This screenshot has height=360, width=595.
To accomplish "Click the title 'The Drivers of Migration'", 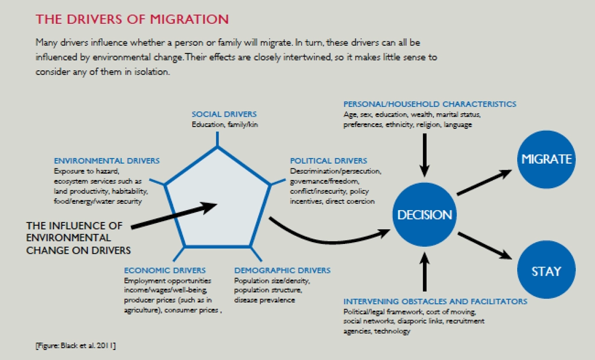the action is pos(132,19).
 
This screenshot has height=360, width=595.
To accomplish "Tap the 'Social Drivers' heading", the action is pos(224,114).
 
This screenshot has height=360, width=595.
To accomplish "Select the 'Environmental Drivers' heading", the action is pos(107,161).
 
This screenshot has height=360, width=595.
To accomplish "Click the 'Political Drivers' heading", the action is pos(329,161).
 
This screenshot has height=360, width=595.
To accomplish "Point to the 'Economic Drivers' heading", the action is pos(164,271).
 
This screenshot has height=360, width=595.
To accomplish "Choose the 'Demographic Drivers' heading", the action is pos(282,271).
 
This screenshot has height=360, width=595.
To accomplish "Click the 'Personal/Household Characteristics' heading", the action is pos(430,104).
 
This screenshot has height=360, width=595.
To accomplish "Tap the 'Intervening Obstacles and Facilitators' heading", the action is pos(435,301).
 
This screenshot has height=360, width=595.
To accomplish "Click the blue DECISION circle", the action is pos(425,215).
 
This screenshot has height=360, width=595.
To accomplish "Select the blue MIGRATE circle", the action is pos(546,159).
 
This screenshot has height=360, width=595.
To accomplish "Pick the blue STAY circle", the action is pos(546,270).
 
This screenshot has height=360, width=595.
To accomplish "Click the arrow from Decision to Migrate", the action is pos(485,182).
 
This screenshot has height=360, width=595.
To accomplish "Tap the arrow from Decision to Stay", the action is pos(485,246).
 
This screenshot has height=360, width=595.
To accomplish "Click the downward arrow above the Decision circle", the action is pos(425,156).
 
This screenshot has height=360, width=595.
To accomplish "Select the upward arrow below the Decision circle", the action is pos(425,272).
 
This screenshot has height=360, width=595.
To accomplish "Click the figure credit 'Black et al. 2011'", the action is pos(76,345).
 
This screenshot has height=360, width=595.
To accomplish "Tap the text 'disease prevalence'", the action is pos(264,300).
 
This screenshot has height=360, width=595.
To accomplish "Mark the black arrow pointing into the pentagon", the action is pos(174,215).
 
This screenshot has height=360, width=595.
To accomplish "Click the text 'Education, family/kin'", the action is pos(225,124).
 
